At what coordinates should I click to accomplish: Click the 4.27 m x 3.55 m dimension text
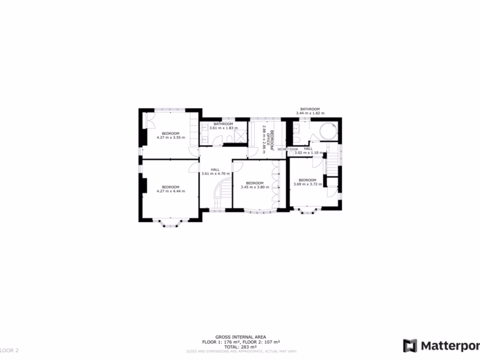point(171,138)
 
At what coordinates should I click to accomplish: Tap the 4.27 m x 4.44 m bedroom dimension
point(171,191)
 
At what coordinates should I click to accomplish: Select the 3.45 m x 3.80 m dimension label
point(255,187)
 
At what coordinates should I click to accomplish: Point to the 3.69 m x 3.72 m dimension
point(307,184)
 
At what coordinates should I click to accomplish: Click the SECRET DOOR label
point(287,149)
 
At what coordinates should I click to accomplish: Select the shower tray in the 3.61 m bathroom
point(240,136)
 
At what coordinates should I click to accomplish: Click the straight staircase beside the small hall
point(332,162)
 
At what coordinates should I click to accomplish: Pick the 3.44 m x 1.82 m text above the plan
point(310,113)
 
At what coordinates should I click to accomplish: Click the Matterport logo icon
point(410,345)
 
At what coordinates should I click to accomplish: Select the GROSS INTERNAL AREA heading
point(240,337)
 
